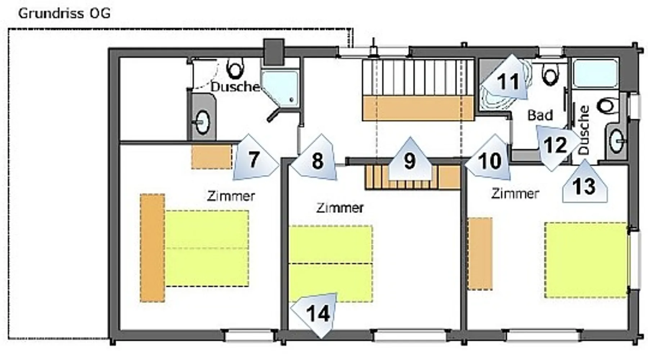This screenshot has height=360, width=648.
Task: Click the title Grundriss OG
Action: click(64, 14)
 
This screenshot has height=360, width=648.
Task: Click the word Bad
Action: click(540, 115)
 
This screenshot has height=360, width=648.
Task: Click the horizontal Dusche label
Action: click(235, 87)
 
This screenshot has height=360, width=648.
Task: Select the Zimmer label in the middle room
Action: click(340, 208)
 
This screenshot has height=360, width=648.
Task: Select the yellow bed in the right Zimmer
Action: click(586, 260)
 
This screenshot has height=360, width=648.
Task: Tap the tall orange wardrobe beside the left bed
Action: click(152, 248)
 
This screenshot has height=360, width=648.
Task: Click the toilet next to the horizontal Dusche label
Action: click(236, 69)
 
